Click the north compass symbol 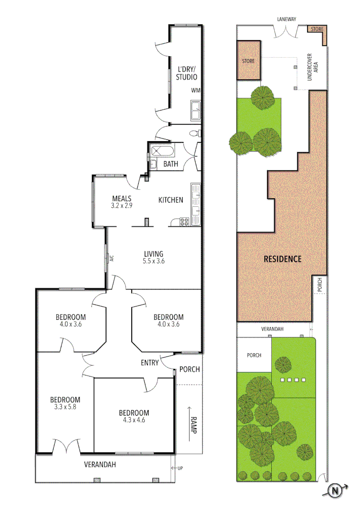tap(335, 491)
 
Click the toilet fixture tap(194, 134)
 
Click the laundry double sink tap(195, 110)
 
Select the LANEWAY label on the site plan tap(285, 20)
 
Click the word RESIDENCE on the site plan tap(282, 259)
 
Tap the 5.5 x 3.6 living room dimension tap(154, 261)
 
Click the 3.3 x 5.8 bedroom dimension tap(65, 407)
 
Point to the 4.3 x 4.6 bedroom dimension tap(134, 420)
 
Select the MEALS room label tap(122, 199)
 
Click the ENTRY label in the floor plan tap(150, 363)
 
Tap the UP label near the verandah tap(180, 468)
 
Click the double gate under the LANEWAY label tap(285, 32)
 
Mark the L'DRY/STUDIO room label tap(186, 73)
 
